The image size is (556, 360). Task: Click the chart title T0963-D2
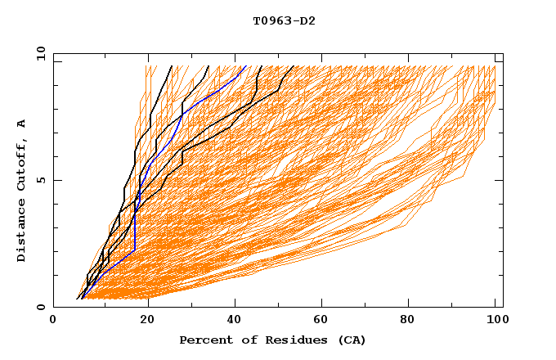(x=284, y=20)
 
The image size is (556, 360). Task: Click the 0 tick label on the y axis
(x=40, y=307)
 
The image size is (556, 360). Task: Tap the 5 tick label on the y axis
(x=40, y=180)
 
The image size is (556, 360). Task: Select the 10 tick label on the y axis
(x=38, y=53)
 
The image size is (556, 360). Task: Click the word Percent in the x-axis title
(x=204, y=340)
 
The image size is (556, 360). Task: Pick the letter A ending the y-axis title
(x=22, y=123)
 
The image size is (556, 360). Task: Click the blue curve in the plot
(x=135, y=229)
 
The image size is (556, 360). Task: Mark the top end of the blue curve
(x=244, y=66)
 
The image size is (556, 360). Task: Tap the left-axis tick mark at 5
(x=56, y=180)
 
